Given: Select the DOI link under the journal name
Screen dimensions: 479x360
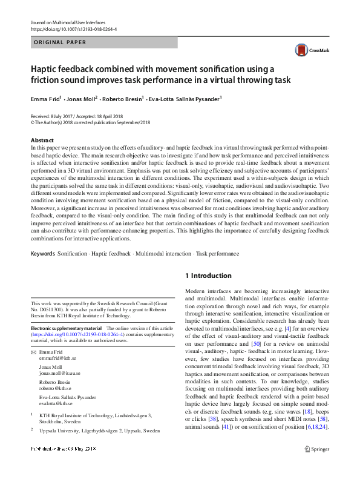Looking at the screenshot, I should pyautogui.click(x=73, y=29).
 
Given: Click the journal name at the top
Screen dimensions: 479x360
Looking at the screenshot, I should pyautogui.click(x=67, y=22).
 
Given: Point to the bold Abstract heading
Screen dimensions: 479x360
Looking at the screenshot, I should pyautogui.click(x=42, y=140).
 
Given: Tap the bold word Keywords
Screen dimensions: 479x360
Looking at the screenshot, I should pyautogui.click(x=42, y=254).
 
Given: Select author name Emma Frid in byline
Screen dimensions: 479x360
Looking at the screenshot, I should pyautogui.click(x=46, y=98).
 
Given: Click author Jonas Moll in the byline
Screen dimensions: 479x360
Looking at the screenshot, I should pyautogui.click(x=82, y=98).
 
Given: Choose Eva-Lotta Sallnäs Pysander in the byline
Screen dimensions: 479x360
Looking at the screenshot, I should pyautogui.click(x=185, y=98).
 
